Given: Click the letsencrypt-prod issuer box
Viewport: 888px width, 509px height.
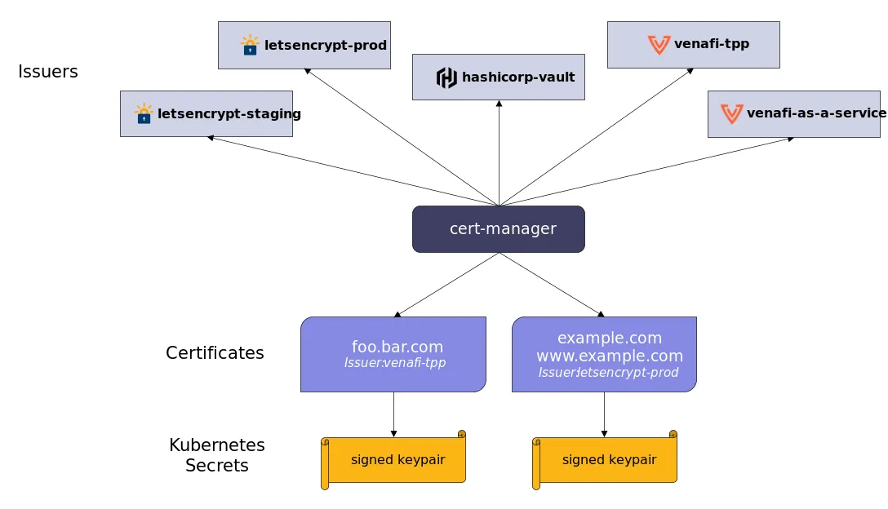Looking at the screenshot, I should click(x=304, y=45).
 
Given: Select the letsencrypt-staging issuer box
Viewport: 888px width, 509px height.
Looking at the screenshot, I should click(x=206, y=113).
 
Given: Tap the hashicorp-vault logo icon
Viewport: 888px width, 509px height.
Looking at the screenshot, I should click(x=446, y=77).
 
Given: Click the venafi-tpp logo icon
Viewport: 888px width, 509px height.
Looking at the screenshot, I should click(x=659, y=45).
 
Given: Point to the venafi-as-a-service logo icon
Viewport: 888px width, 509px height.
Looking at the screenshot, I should click(x=731, y=113).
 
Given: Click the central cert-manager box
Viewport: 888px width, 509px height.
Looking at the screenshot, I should click(x=498, y=229).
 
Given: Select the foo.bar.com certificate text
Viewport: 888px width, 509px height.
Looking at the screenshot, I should click(x=397, y=347).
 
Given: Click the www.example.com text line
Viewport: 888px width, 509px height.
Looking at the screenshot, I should click(x=609, y=356).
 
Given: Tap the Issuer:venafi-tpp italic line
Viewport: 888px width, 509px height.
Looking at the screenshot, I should click(x=395, y=363).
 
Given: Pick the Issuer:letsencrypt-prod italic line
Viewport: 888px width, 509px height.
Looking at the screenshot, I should click(x=608, y=373).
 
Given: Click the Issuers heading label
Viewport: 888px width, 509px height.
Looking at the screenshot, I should click(x=48, y=72).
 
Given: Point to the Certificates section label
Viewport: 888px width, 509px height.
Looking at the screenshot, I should click(x=215, y=353).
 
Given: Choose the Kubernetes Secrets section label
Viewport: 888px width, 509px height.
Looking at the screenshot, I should click(x=217, y=455).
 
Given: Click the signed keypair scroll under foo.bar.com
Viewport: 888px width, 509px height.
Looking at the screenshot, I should click(x=394, y=460).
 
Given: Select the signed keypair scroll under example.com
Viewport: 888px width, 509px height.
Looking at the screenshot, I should click(x=606, y=460).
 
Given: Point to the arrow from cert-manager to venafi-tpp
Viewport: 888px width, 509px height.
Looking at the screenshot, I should click(x=596, y=136).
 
